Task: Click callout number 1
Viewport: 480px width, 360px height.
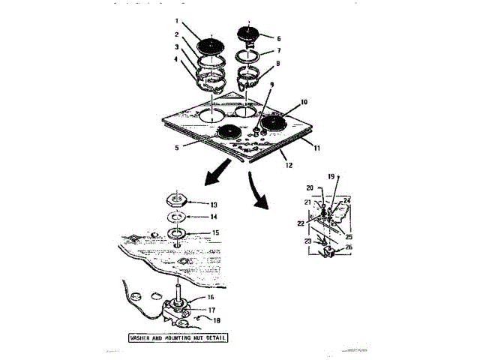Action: [x=178, y=21]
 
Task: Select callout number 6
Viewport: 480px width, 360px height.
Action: [x=278, y=37]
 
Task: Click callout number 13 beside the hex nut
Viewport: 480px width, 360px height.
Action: [x=214, y=204]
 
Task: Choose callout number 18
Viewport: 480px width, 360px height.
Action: [x=217, y=320]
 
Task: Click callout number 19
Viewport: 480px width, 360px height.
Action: [x=330, y=175]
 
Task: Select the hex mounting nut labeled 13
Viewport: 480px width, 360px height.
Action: [x=177, y=202]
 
